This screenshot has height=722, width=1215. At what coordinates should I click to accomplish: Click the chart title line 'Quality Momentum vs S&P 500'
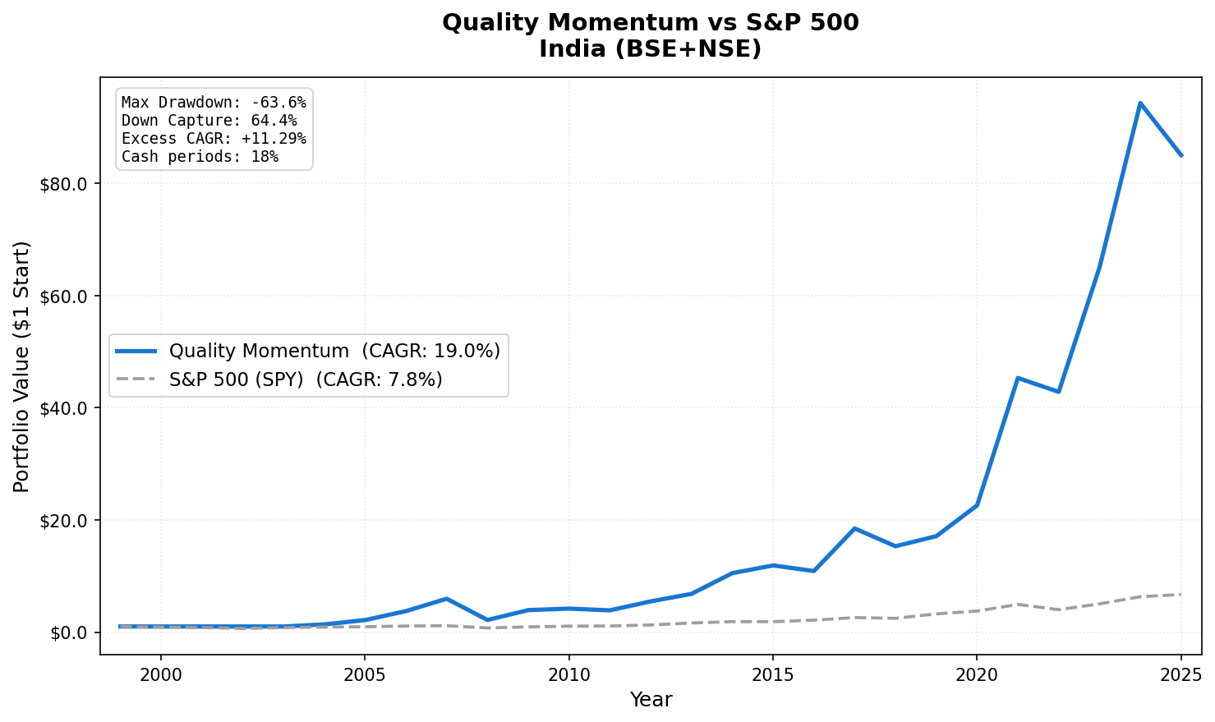coord(650,23)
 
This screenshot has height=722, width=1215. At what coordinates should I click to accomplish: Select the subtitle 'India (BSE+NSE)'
coord(650,49)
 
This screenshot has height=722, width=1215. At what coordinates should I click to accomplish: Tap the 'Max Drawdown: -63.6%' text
coord(214,103)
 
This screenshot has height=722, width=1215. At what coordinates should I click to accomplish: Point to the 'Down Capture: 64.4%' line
coord(209,121)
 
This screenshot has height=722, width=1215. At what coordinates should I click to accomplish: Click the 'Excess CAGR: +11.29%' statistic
coord(214,139)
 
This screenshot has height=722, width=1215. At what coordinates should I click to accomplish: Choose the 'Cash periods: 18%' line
coord(200,157)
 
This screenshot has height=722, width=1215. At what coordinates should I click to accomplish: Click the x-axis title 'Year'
coord(651,701)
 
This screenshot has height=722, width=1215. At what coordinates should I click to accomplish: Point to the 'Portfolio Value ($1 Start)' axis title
coord(22,366)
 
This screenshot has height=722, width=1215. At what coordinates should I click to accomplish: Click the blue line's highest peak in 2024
coord(1140,103)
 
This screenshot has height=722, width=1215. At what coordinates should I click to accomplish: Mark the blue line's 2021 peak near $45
coord(1018,378)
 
